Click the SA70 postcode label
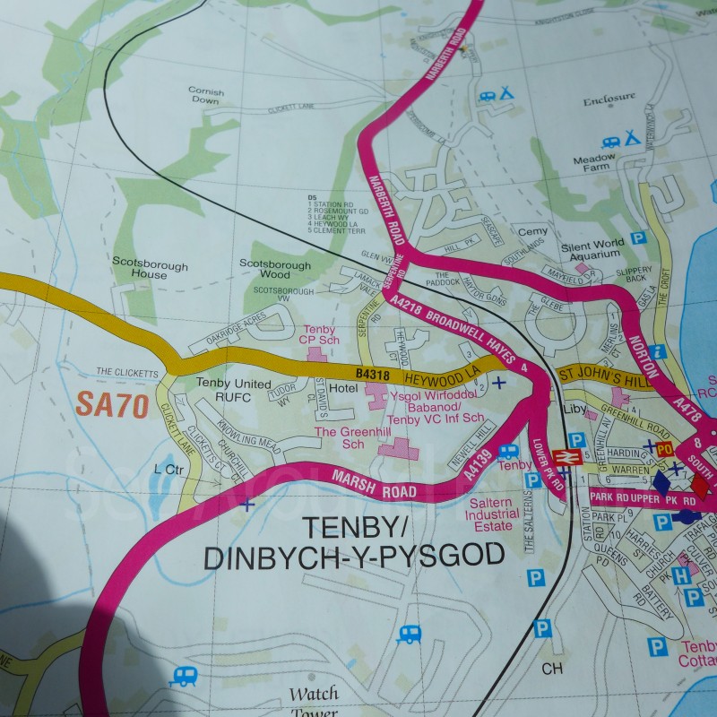[111, 405]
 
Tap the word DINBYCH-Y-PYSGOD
[354, 557]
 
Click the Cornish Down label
[205, 95]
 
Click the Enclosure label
[609, 99]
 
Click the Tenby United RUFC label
[233, 390]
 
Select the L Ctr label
[168, 468]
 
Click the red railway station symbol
[564, 457]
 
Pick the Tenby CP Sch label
[319, 334]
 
